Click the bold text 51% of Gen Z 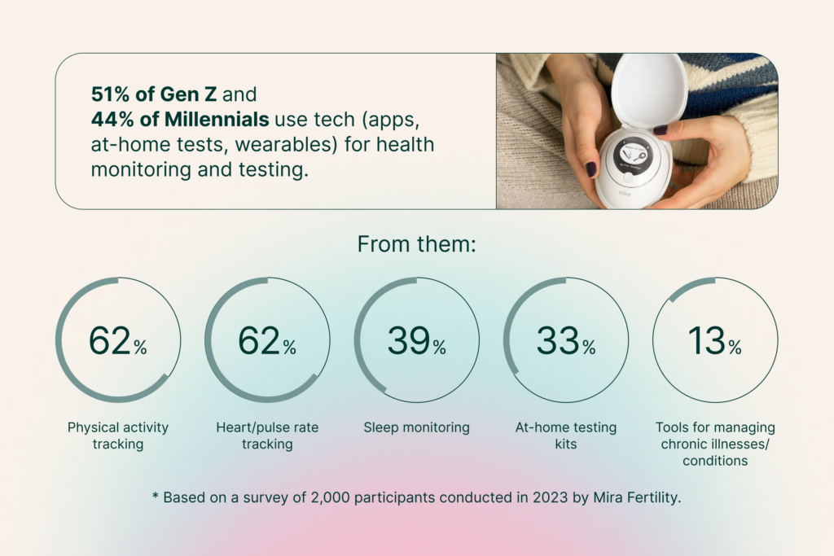(x=154, y=94)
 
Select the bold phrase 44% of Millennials (x=180, y=119)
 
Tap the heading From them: (x=416, y=244)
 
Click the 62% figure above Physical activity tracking (x=117, y=340)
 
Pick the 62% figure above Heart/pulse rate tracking (x=267, y=340)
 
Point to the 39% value (x=416, y=340)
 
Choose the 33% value (x=566, y=340)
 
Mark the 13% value (x=715, y=340)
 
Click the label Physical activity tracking (x=118, y=436)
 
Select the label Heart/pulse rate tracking (x=267, y=436)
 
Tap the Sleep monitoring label (x=416, y=427)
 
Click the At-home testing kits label (x=566, y=436)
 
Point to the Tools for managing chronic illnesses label (x=715, y=444)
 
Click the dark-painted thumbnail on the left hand (x=591, y=169)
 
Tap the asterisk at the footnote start (x=156, y=496)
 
